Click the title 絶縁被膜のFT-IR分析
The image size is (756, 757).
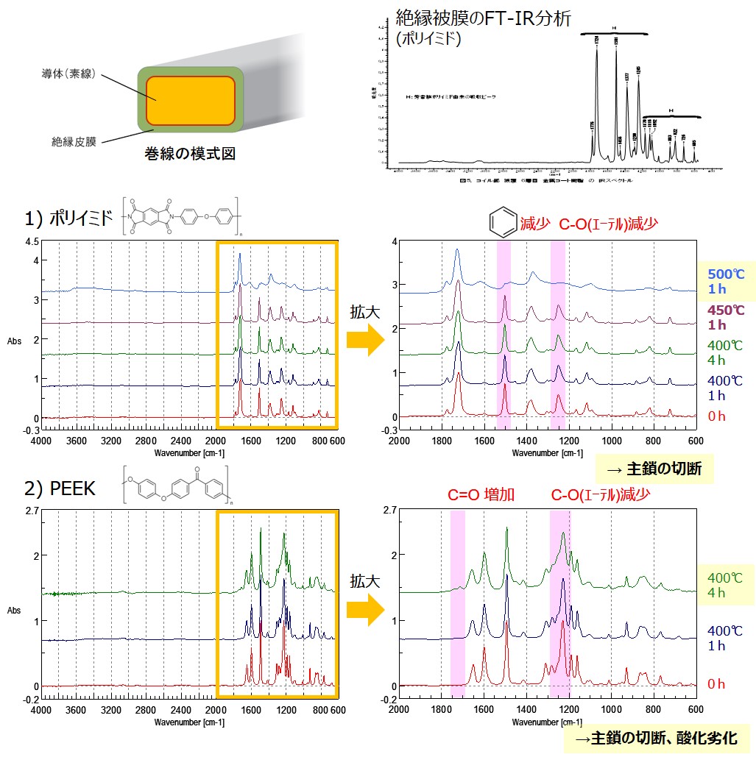pos(483,17)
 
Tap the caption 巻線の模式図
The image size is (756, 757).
pos(190,154)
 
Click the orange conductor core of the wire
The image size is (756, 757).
pos(190,99)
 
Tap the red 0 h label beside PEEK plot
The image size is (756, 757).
pos(716,684)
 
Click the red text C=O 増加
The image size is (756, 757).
pos(481,495)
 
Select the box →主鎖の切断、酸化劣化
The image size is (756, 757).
pos(656,739)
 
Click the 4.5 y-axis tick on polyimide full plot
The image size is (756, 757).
pos(31,241)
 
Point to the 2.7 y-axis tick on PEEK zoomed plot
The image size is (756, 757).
pos(389,509)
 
